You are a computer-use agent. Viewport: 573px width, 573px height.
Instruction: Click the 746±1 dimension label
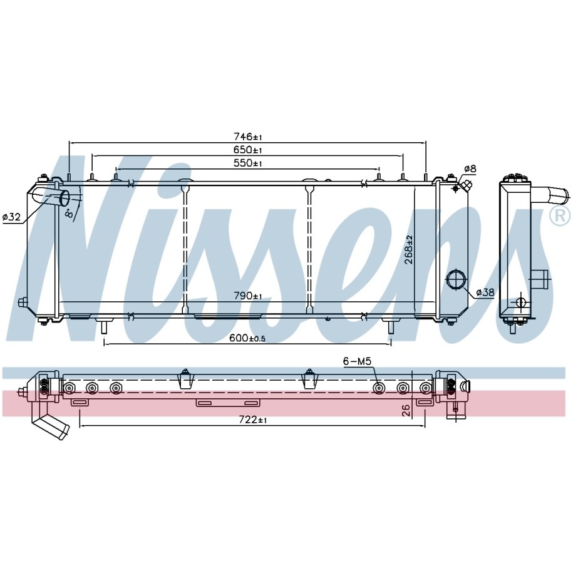pos(248,137)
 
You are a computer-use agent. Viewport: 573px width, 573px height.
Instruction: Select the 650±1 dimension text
pos(248,150)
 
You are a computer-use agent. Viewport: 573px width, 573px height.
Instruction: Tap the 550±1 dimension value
pos(248,163)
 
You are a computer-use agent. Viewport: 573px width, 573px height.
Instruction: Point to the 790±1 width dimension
pos(248,296)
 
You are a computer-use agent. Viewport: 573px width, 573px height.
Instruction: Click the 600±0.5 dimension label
pos(247,338)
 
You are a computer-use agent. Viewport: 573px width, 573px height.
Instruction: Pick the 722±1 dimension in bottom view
pos(253,420)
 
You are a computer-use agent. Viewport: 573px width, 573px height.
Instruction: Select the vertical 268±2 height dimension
pos(409,250)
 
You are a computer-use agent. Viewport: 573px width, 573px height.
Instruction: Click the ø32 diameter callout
pos(12,217)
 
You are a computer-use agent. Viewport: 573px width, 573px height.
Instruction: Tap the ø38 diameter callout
pos(485,292)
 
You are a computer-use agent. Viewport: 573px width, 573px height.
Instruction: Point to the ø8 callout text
pos(470,168)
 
